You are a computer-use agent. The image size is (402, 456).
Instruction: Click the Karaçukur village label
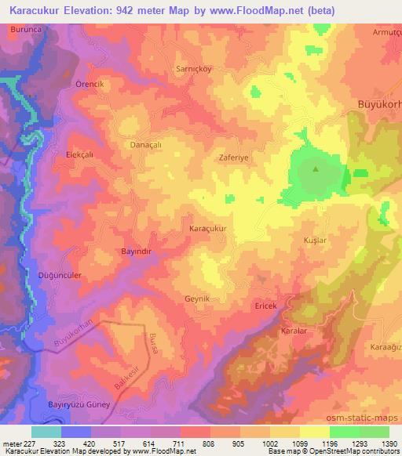208,228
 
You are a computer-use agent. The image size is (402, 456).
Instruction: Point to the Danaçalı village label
144,145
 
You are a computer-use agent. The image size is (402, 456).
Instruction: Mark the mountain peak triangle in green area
316,168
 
